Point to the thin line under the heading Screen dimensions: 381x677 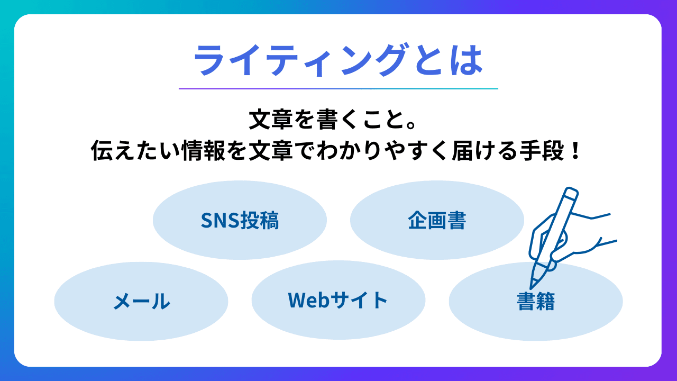click(338, 88)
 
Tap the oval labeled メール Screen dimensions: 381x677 click(141, 301)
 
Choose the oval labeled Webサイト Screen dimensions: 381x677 click(338, 300)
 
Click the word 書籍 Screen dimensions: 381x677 click(535, 301)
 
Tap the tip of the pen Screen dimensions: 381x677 click(532, 287)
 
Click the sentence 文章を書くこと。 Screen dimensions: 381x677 click(338, 121)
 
